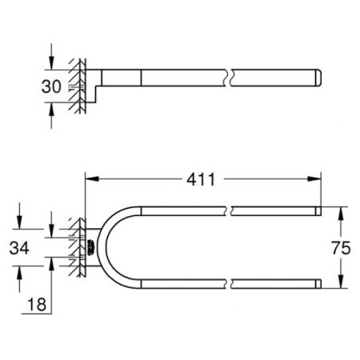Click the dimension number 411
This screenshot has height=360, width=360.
202,180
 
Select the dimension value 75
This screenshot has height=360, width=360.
341,249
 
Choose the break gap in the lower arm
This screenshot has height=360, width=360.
229,282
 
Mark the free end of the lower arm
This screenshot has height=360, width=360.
318,282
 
